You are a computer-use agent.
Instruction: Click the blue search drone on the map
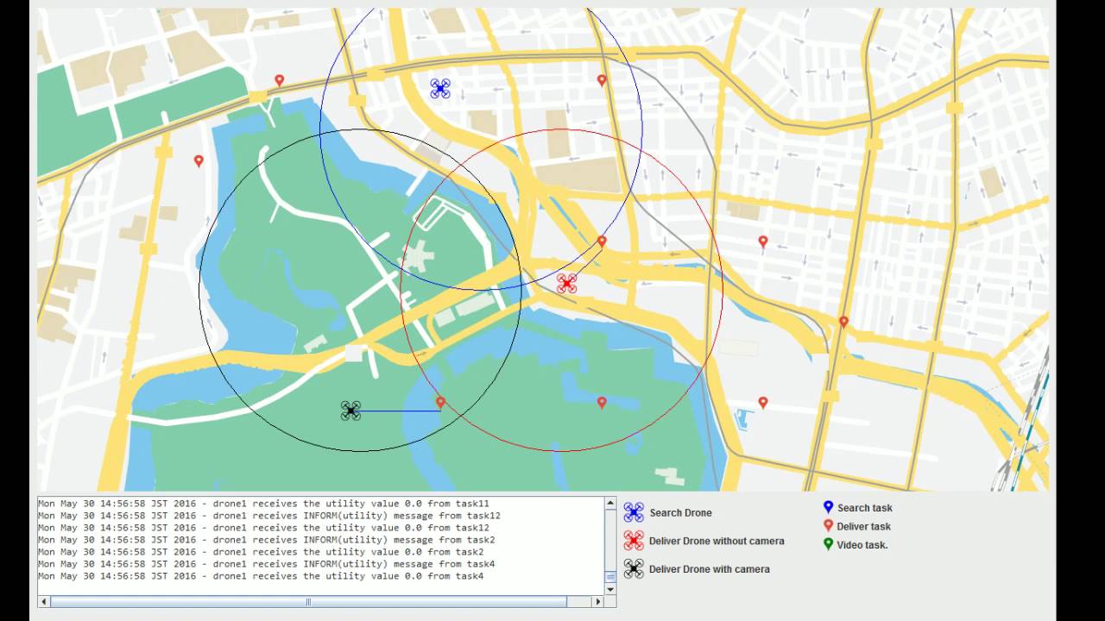click(x=440, y=88)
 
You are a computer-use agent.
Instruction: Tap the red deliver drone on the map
click(x=566, y=283)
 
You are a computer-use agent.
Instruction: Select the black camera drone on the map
click(x=350, y=411)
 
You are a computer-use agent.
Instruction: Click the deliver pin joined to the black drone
click(x=440, y=402)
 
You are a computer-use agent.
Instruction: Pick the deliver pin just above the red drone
click(x=602, y=241)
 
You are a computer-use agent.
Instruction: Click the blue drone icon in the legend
click(x=634, y=512)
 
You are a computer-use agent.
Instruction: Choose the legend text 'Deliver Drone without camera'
click(x=717, y=541)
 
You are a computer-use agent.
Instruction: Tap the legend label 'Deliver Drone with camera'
click(x=709, y=569)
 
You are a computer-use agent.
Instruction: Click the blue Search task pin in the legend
click(x=828, y=507)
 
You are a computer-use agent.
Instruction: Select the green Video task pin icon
click(x=828, y=544)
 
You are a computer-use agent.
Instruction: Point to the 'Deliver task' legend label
click(x=863, y=526)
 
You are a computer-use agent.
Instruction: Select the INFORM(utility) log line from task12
click(x=268, y=516)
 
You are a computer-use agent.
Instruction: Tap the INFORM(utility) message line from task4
click(x=266, y=564)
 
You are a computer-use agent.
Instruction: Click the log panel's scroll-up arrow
click(x=610, y=503)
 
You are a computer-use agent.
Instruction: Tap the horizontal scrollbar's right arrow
click(x=597, y=602)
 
